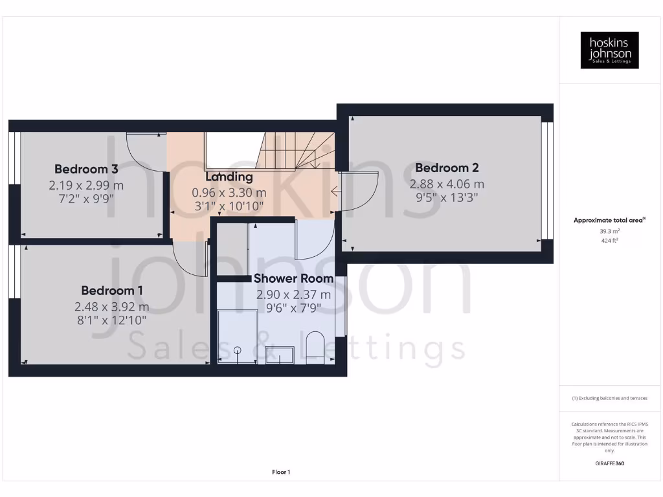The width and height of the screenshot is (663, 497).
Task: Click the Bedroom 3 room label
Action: click(85, 169)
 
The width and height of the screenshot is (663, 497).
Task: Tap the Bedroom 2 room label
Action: click(447, 168)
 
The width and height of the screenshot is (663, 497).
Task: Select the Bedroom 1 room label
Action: click(112, 291)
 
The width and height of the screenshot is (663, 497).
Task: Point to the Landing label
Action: click(229, 177)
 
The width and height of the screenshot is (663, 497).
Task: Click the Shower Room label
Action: click(293, 278)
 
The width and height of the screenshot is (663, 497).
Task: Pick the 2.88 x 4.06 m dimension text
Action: click(447, 184)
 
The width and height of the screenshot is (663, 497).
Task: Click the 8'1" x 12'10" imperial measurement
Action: click(111, 320)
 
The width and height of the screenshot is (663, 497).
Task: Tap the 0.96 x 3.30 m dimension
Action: click(229, 192)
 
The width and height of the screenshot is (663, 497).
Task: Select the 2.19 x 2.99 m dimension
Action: click(85, 184)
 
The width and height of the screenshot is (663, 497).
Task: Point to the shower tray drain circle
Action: click(238, 350)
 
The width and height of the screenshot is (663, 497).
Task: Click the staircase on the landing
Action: click(298, 151)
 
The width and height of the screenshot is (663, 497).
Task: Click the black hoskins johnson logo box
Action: click(609, 50)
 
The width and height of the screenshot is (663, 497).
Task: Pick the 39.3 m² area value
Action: click(609, 231)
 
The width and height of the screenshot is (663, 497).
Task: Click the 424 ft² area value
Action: click(609, 241)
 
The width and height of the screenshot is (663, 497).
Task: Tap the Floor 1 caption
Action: click(281, 472)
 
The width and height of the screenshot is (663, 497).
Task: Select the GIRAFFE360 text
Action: click(609, 463)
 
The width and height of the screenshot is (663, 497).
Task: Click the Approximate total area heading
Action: click(609, 220)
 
